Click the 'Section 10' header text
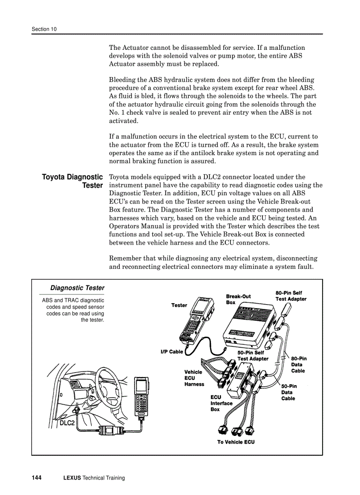44,29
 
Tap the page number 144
37,478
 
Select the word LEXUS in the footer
72,478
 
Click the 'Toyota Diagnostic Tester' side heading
73,181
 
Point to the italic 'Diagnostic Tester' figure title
77,288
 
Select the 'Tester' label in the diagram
179,305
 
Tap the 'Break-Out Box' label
238,299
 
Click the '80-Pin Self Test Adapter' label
291,296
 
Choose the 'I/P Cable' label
172,352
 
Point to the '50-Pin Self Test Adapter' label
253,356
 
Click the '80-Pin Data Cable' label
299,365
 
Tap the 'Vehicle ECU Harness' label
194,378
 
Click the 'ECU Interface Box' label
221,403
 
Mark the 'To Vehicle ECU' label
236,442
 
